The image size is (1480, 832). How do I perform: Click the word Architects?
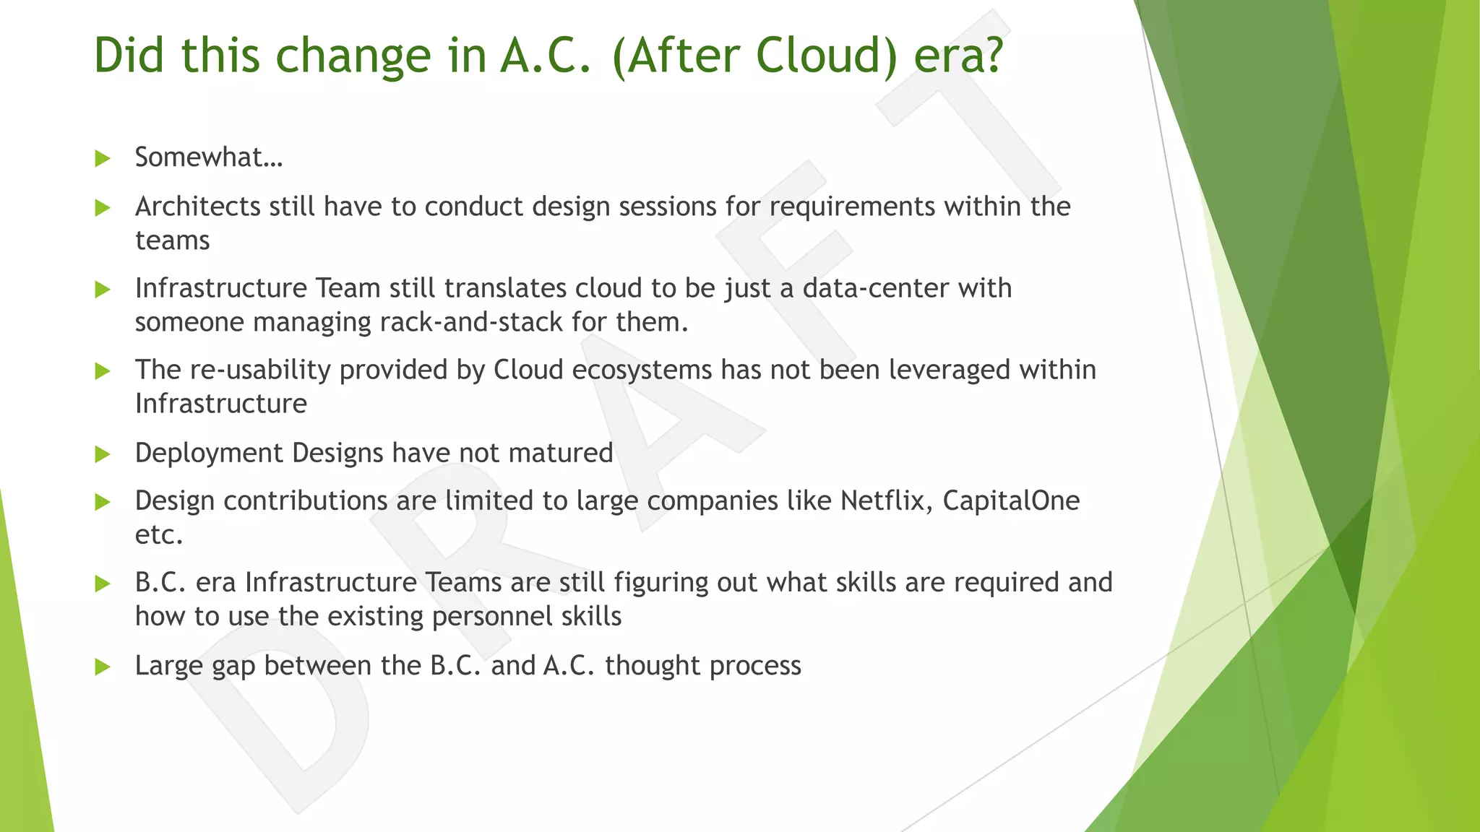(x=197, y=207)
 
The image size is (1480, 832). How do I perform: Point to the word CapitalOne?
(x=1011, y=500)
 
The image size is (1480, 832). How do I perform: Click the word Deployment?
(x=209, y=453)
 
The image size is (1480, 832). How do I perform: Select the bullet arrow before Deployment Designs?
(x=103, y=454)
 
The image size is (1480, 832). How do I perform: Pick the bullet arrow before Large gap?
(x=103, y=667)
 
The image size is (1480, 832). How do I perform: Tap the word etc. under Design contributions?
(x=158, y=535)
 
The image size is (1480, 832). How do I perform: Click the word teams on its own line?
(x=172, y=240)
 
